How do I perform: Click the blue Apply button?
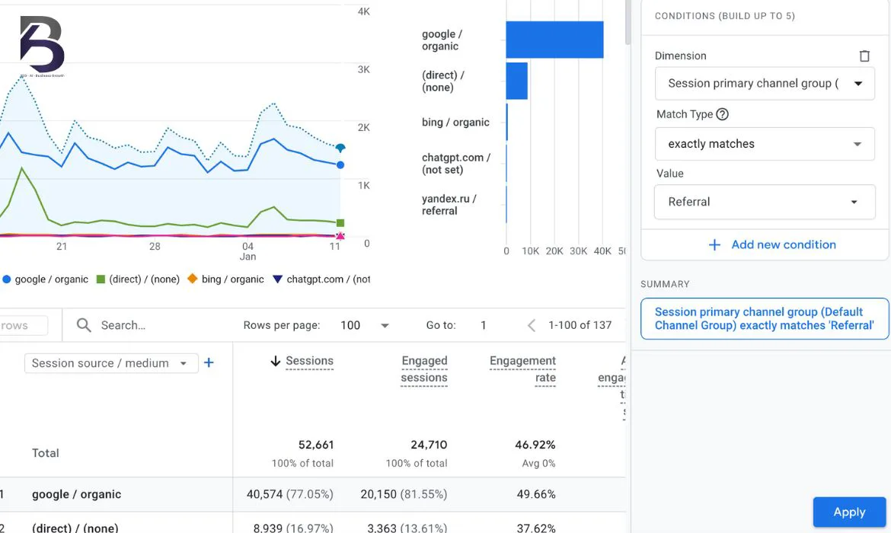click(x=849, y=512)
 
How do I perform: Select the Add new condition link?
click(x=772, y=244)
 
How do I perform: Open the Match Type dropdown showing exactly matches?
click(x=765, y=144)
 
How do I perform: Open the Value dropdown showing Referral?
click(x=765, y=202)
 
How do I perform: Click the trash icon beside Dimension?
click(x=864, y=56)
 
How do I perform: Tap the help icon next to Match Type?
click(x=723, y=114)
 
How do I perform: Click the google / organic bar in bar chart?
click(x=554, y=40)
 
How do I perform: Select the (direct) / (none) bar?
click(x=516, y=81)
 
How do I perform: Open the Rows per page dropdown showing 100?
click(x=365, y=325)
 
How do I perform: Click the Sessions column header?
click(x=309, y=361)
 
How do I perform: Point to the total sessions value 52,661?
click(x=315, y=445)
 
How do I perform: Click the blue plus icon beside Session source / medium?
click(x=209, y=363)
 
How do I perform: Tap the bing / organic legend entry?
click(x=225, y=279)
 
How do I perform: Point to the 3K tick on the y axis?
click(x=363, y=69)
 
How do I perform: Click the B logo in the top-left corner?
click(x=42, y=44)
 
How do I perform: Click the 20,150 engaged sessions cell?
click(x=404, y=494)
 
